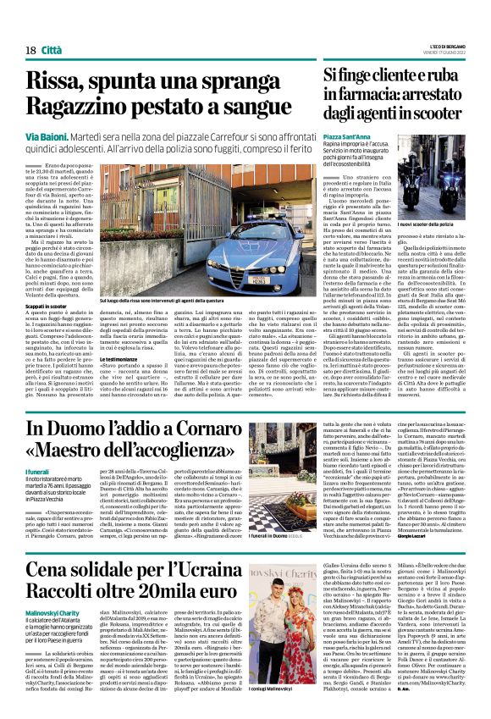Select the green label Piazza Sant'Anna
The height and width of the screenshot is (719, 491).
(347, 136)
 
